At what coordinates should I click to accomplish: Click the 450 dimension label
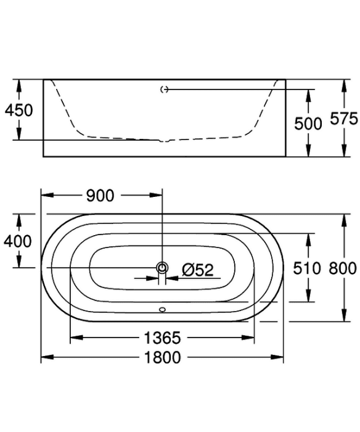[x=18, y=110]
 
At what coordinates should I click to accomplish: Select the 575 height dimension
[x=344, y=119]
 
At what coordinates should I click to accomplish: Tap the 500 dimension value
[x=308, y=123]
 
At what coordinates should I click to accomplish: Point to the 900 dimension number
[x=100, y=196]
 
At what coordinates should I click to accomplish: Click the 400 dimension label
[x=18, y=241]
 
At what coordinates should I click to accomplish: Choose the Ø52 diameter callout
[x=198, y=270]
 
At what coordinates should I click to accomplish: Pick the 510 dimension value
[x=307, y=268]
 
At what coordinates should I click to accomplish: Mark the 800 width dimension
[x=343, y=268]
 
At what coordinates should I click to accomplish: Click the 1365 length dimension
[x=162, y=338]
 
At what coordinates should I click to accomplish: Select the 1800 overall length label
[x=163, y=357]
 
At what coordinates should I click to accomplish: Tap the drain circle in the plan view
[x=162, y=267]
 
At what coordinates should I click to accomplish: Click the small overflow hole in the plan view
[x=162, y=310]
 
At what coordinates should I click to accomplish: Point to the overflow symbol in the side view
[x=165, y=89]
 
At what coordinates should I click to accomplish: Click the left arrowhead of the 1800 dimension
[x=47, y=357]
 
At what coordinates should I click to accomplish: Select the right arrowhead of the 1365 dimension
[x=248, y=338]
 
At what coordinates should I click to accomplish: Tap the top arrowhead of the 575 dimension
[x=344, y=86]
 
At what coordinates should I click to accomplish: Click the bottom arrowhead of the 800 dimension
[x=344, y=315]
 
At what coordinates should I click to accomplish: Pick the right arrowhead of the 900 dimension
[x=156, y=196]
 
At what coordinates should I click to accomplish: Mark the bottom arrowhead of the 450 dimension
[x=18, y=134]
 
